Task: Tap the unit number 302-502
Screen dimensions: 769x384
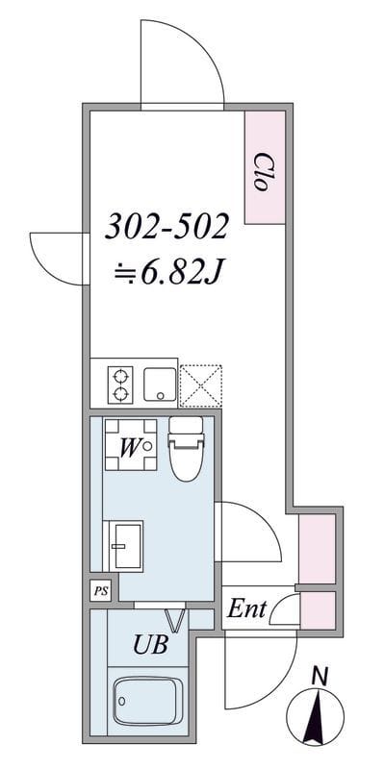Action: (167, 227)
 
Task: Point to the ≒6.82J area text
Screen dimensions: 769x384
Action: (168, 274)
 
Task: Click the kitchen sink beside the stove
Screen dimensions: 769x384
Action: (161, 384)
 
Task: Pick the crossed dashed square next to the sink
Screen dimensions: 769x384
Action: (202, 384)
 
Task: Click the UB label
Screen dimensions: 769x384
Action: (151, 645)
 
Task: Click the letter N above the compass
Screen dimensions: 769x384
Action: (320, 676)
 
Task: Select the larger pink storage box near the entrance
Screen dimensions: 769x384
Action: (316, 548)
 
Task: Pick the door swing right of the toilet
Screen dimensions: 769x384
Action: (247, 532)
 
